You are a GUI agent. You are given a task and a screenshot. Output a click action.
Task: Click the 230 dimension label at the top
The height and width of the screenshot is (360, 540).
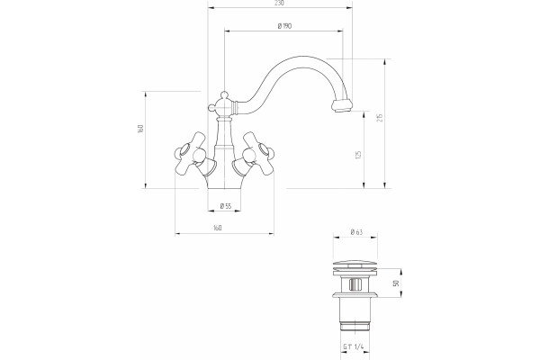280,3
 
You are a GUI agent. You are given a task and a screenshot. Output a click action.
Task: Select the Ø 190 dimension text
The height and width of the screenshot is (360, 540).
284,26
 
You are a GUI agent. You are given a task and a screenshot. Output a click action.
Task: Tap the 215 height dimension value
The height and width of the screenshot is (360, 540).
380,118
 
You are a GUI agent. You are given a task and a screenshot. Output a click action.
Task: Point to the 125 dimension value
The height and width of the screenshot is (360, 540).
358,154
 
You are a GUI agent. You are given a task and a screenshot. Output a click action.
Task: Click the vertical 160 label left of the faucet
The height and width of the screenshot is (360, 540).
140,129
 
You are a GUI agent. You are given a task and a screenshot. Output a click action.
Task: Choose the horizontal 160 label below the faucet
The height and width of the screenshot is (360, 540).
218,228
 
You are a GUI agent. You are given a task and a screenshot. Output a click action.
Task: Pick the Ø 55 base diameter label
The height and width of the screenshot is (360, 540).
226,206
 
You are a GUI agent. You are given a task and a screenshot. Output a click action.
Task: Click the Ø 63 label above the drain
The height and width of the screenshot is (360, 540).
356,232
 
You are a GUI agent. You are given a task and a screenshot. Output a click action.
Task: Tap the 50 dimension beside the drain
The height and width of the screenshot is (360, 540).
396,283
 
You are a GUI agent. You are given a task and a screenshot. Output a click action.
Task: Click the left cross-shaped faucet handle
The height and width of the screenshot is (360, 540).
190,154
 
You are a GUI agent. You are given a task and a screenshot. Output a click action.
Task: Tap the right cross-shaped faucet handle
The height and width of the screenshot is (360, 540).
259,154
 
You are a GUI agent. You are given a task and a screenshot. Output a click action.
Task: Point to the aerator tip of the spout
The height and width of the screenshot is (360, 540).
342,105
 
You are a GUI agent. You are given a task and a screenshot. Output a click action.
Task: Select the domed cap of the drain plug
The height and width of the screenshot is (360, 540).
355,265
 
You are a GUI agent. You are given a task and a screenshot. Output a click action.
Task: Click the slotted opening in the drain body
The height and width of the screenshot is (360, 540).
355,284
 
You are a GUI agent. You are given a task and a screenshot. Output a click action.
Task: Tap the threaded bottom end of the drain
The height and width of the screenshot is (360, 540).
355,326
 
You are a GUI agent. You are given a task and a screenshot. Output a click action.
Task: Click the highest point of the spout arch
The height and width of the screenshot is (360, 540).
301,57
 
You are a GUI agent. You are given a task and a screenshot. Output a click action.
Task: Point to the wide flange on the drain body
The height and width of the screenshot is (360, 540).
355,295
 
